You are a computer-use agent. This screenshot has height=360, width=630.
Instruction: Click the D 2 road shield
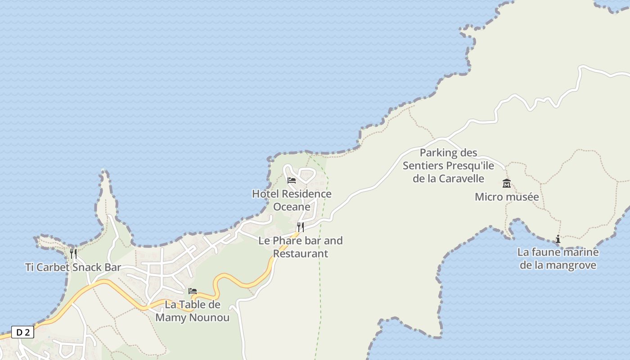pyautogui.click(x=22, y=333)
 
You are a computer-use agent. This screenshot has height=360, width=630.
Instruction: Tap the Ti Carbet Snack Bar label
pyautogui.click(x=73, y=267)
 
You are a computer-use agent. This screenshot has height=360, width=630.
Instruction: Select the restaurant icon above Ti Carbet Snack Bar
pyautogui.click(x=73, y=254)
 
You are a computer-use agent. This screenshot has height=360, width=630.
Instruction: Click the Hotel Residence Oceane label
pyautogui.click(x=292, y=200)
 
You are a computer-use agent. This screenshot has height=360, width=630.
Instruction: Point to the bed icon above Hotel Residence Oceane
pyautogui.click(x=292, y=180)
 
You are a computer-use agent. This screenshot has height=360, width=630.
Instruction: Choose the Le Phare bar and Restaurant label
pyautogui.click(x=301, y=247)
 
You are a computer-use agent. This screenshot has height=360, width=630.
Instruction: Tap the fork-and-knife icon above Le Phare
pyautogui.click(x=301, y=227)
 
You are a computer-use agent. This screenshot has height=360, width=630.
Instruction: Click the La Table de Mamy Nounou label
pyautogui.click(x=193, y=311)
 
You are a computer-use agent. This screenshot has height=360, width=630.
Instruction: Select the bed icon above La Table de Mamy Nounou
pyautogui.click(x=193, y=291)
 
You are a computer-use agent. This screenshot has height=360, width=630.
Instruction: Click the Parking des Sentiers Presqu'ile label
pyautogui.click(x=448, y=166)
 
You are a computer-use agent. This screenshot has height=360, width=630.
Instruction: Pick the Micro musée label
pyautogui.click(x=507, y=197)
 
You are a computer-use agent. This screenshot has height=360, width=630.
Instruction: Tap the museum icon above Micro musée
pyautogui.click(x=507, y=183)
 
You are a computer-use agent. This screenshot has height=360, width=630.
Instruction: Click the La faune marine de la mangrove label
pyautogui.click(x=558, y=258)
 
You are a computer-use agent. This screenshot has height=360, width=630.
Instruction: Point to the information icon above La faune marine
pyautogui.click(x=558, y=239)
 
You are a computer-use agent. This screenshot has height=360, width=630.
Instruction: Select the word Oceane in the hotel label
pyautogui.click(x=292, y=207)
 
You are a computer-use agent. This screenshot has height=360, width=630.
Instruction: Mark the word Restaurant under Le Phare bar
pyautogui.click(x=301, y=254)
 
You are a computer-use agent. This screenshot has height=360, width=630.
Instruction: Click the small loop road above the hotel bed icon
pyautogui.click(x=306, y=175)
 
